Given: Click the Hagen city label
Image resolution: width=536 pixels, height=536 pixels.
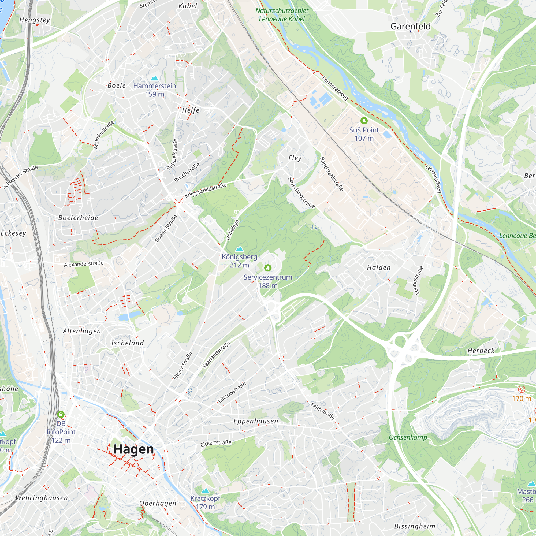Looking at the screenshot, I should [x=133, y=449].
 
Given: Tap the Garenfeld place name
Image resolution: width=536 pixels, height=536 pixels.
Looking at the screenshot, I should [x=410, y=26].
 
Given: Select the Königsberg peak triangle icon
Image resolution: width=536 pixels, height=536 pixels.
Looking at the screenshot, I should [x=239, y=249].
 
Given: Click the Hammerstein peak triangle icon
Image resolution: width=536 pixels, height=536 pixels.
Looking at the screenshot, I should [x=155, y=78].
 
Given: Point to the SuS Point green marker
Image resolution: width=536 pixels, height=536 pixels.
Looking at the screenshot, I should [x=364, y=121].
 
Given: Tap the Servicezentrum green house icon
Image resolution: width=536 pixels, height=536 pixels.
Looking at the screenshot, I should [x=268, y=268].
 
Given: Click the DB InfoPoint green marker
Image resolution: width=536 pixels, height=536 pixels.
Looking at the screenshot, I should [x=61, y=415].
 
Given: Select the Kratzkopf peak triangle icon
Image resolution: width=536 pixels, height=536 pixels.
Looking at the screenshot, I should [x=205, y=491].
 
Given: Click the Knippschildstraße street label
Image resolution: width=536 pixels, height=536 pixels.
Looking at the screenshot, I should [x=206, y=190].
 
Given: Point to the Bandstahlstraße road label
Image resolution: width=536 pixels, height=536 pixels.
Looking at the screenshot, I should [x=332, y=174].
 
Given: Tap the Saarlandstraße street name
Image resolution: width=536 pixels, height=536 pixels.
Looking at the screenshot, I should [x=216, y=355].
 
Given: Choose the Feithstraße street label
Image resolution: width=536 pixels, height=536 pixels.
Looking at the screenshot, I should [x=322, y=411].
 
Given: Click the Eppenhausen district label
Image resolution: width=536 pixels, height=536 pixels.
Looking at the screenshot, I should [x=255, y=421].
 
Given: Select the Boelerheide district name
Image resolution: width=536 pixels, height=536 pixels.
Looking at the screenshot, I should [x=78, y=218].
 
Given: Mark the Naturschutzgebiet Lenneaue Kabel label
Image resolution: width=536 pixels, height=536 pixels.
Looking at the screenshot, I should [x=282, y=15].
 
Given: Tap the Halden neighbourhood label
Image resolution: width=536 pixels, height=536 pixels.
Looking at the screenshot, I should [x=379, y=268].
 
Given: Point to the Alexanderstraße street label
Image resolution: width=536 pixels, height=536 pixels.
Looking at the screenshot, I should [x=84, y=264].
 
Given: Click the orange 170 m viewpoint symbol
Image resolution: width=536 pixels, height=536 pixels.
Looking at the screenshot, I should [x=521, y=389].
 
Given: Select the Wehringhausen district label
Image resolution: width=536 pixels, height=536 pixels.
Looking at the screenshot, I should [x=42, y=498].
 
